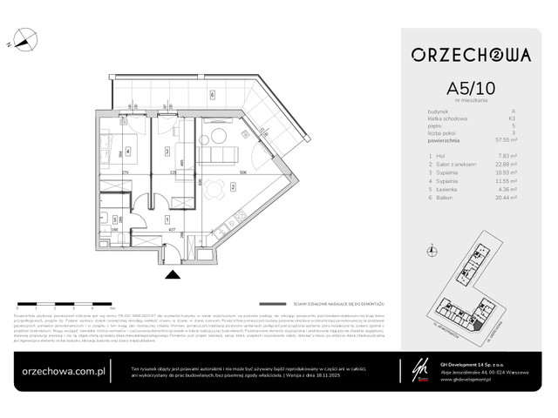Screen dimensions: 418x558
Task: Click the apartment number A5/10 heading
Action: (471, 89)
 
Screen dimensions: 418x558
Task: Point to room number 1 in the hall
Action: (166, 221)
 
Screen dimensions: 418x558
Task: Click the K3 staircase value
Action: (514, 118)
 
